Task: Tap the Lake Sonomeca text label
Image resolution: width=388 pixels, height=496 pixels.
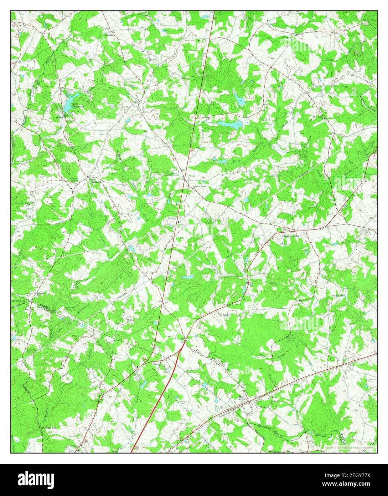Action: [78, 105]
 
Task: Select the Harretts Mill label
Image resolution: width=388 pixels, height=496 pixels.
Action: [49, 427]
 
